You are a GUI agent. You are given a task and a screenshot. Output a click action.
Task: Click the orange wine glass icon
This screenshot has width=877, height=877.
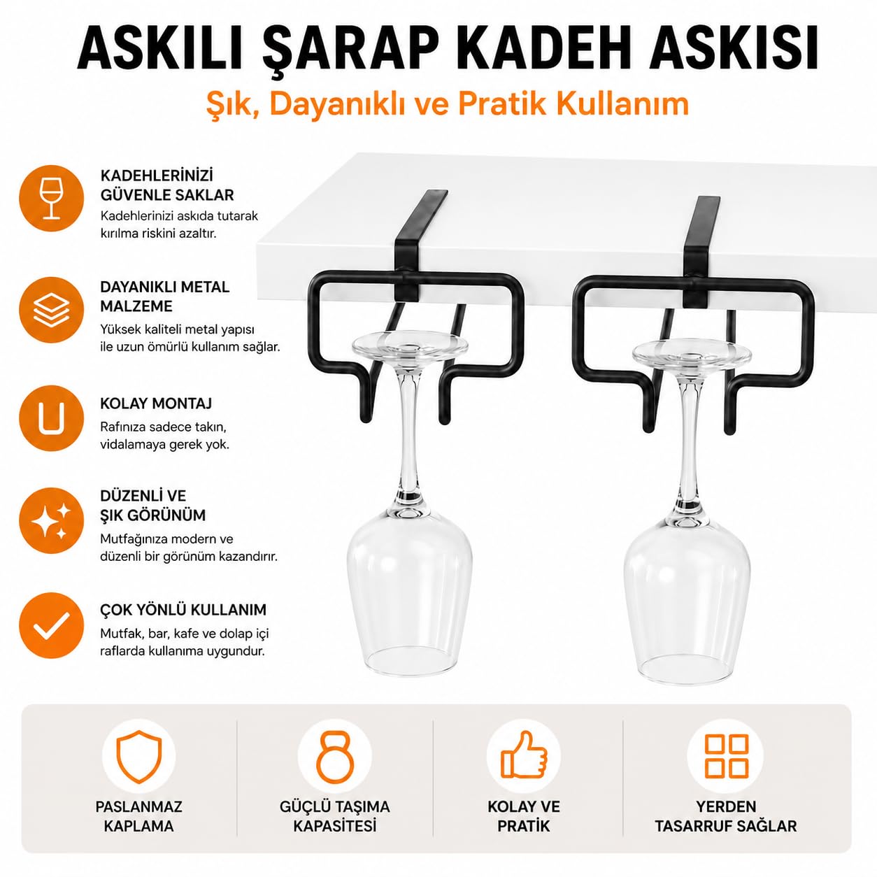point(52,198)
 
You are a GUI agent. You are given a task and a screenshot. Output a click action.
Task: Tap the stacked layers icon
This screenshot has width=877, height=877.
point(52,310)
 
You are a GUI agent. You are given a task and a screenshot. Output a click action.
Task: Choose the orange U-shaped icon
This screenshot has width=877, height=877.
point(52,418)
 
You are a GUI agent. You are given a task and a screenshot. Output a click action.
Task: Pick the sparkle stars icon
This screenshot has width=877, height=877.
point(52,520)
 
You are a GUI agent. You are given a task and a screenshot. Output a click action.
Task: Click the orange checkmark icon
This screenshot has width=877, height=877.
point(52,625)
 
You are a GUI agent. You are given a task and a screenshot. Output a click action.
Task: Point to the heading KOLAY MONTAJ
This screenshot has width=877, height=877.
point(156,404)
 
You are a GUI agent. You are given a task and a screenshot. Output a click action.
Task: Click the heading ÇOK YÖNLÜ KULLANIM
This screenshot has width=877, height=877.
point(183,609)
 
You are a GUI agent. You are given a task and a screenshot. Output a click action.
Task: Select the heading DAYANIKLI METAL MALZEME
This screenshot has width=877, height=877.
point(165,297)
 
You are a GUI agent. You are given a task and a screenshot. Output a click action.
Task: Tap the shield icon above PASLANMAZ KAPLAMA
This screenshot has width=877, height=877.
point(138,757)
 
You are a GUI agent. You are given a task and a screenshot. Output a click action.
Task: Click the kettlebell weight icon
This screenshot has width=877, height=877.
point(334,757)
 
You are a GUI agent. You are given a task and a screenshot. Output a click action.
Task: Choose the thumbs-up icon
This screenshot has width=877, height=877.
point(524,755)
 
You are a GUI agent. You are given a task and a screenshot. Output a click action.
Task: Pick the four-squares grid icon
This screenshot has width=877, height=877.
point(726,756)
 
